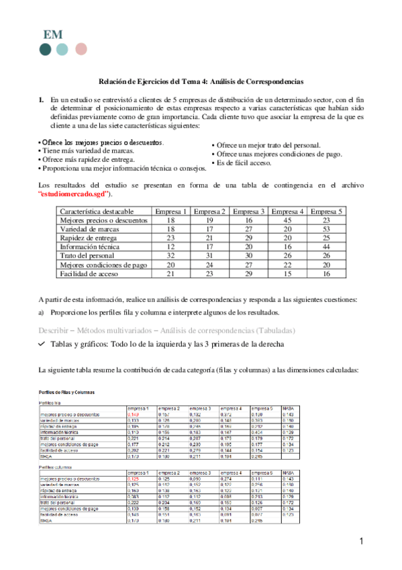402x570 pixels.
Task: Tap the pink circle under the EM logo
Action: (x=81, y=49)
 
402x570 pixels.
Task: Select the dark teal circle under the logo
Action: (x=45, y=49)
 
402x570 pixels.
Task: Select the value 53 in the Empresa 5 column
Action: (x=327, y=229)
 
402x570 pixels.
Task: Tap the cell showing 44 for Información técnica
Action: (x=327, y=247)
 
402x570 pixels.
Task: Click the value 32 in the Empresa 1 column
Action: (x=170, y=256)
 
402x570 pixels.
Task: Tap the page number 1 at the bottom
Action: (x=360, y=542)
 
